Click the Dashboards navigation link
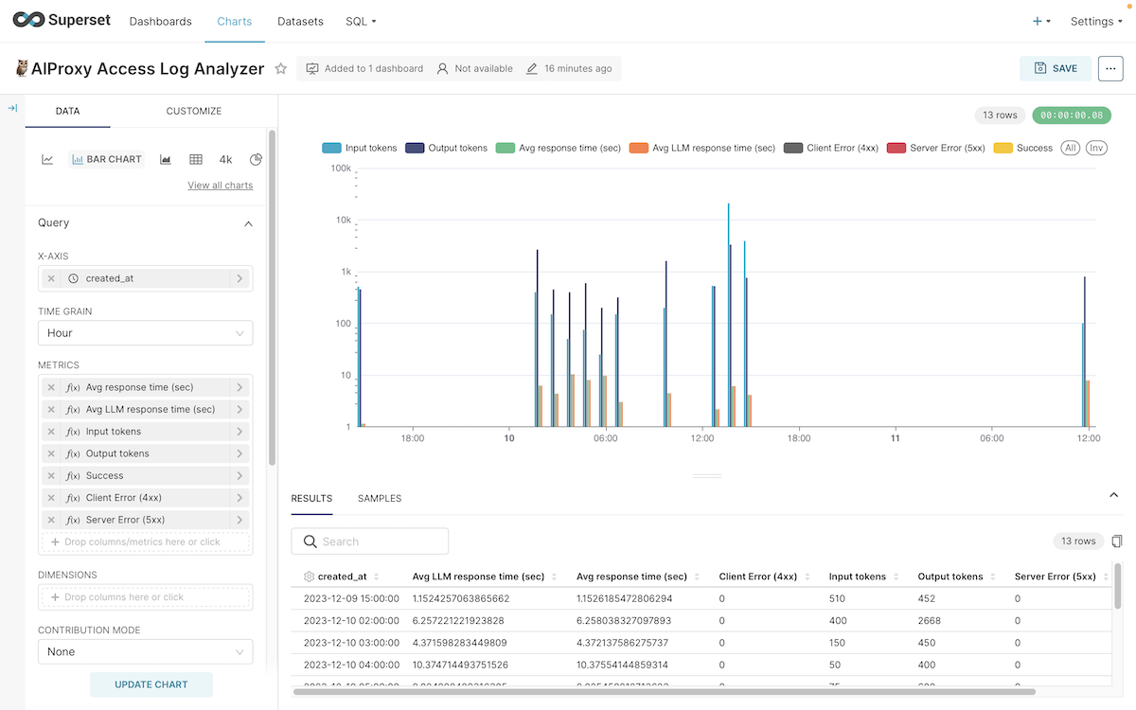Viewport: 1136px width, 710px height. (160, 21)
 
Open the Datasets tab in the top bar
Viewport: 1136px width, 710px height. (300, 21)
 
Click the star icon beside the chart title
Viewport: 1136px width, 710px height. (280, 68)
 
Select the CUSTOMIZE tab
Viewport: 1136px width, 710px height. (193, 111)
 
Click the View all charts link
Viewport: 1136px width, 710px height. (220, 186)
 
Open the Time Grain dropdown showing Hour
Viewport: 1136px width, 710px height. (145, 333)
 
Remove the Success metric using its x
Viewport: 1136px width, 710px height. (51, 476)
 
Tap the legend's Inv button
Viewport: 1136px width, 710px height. (1096, 148)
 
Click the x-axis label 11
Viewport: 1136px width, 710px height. (896, 438)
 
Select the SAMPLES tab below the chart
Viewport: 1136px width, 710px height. (379, 498)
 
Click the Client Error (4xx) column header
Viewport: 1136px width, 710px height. (758, 577)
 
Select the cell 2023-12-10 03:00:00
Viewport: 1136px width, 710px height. (351, 643)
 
